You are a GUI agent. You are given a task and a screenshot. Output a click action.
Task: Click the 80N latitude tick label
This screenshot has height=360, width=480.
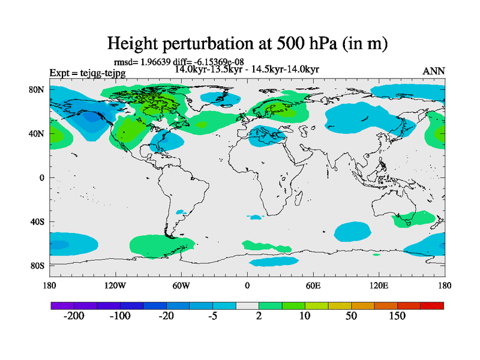point(37,89)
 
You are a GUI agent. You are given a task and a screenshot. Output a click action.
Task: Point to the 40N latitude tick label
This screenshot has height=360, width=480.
point(37,134)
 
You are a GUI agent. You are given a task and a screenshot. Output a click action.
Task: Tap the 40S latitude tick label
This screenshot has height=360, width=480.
point(37,222)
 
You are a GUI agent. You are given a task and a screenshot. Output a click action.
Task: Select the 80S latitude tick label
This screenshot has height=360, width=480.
point(37,266)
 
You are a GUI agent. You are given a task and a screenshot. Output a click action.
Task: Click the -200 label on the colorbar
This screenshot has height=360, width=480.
point(74,316)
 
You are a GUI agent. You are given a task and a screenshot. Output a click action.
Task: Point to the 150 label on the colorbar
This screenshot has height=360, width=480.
point(398,316)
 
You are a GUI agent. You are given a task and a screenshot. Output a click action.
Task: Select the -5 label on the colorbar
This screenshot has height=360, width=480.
point(213,316)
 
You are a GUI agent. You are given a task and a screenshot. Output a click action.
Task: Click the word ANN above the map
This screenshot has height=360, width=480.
point(434,71)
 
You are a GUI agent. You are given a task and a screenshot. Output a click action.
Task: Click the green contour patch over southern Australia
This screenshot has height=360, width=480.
point(414,219)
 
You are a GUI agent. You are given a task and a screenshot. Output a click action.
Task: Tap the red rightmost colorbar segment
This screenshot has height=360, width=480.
point(432,305)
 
